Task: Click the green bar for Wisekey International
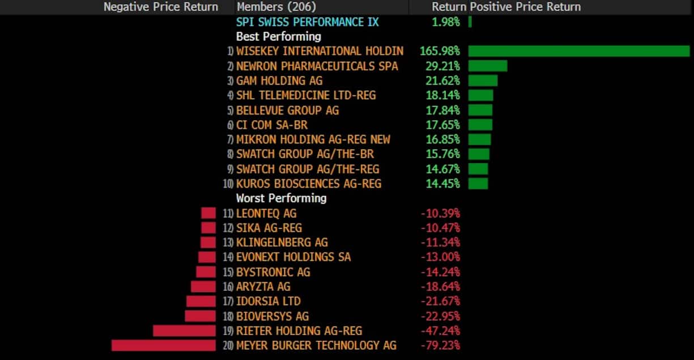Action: (578, 51)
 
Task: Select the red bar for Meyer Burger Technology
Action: (163, 345)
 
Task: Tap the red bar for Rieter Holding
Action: (184, 331)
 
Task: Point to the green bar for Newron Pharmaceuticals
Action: (488, 66)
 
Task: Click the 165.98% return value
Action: (440, 51)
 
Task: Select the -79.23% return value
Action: (440, 345)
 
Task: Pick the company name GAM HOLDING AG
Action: (279, 81)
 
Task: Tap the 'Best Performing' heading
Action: (279, 36)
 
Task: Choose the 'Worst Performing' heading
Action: (281, 198)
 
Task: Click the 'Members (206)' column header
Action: (276, 7)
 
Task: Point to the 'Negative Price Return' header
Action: (160, 7)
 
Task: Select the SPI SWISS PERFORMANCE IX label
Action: (308, 22)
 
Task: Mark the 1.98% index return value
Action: (445, 22)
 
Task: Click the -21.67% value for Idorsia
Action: (440, 301)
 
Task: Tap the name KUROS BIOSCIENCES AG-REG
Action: (309, 184)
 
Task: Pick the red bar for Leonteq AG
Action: (208, 213)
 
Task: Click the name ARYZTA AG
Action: (263, 286)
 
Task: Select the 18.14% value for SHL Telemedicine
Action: (442, 95)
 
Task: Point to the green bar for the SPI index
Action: (470, 22)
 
